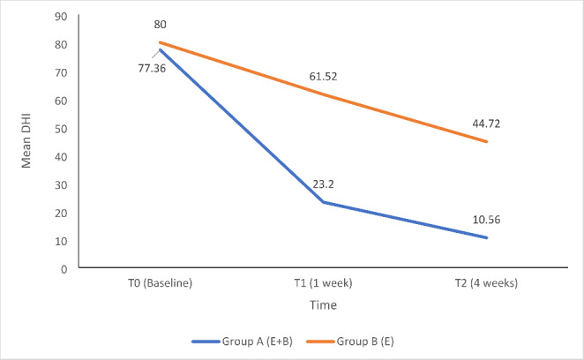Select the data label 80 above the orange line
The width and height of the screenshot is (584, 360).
click(161, 25)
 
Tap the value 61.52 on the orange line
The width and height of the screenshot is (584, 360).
click(324, 77)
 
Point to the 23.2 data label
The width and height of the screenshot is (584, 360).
click(324, 186)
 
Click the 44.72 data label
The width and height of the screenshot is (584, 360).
click(487, 124)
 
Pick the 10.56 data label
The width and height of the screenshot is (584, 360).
click(487, 220)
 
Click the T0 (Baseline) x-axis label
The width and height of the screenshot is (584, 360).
click(161, 284)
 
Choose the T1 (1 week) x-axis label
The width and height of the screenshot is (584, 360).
click(324, 284)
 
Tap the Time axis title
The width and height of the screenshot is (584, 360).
click(324, 304)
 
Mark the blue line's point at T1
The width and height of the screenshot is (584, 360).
click(324, 202)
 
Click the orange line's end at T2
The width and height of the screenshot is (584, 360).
click(487, 141)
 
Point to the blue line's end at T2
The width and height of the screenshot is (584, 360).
click(487, 237)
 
